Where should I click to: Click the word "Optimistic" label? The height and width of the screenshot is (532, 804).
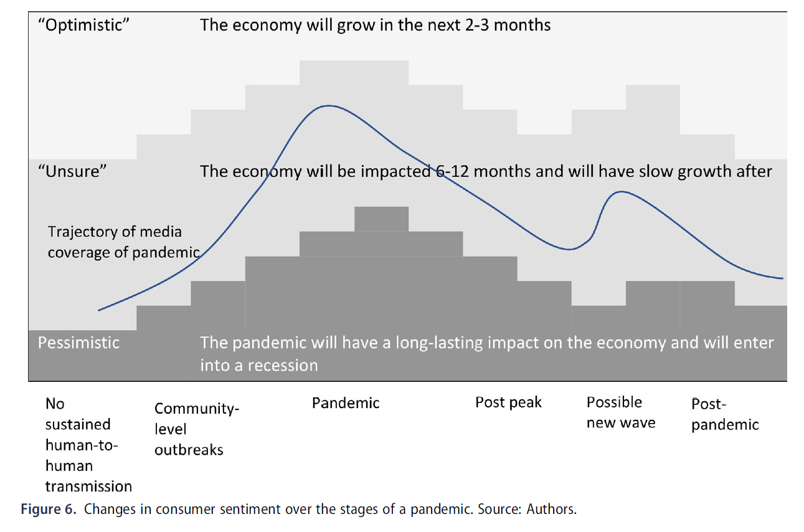tap(83, 25)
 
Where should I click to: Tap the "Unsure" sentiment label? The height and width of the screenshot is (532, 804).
tap(72, 171)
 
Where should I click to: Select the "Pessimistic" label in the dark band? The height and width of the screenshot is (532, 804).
tap(78, 343)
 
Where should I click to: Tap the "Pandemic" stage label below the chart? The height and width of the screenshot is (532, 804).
tap(345, 403)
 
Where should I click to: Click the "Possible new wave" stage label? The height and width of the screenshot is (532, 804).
tap(620, 412)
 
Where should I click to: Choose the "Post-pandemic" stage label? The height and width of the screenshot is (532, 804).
tap(725, 415)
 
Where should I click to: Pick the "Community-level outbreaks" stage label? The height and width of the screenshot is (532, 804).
tap(197, 429)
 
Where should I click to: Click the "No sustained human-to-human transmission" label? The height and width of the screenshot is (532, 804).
tap(88, 445)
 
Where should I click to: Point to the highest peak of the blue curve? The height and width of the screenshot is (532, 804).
tap(329, 106)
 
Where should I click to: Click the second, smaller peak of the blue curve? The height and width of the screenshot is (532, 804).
tap(621, 192)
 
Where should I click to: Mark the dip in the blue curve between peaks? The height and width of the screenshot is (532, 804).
tap(569, 249)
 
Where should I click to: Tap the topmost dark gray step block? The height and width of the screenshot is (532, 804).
tap(381, 219)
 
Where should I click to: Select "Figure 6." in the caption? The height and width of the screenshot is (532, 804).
tap(49, 510)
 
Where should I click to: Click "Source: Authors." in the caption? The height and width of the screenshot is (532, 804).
tap(527, 510)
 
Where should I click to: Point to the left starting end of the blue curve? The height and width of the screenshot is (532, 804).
tap(98, 310)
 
